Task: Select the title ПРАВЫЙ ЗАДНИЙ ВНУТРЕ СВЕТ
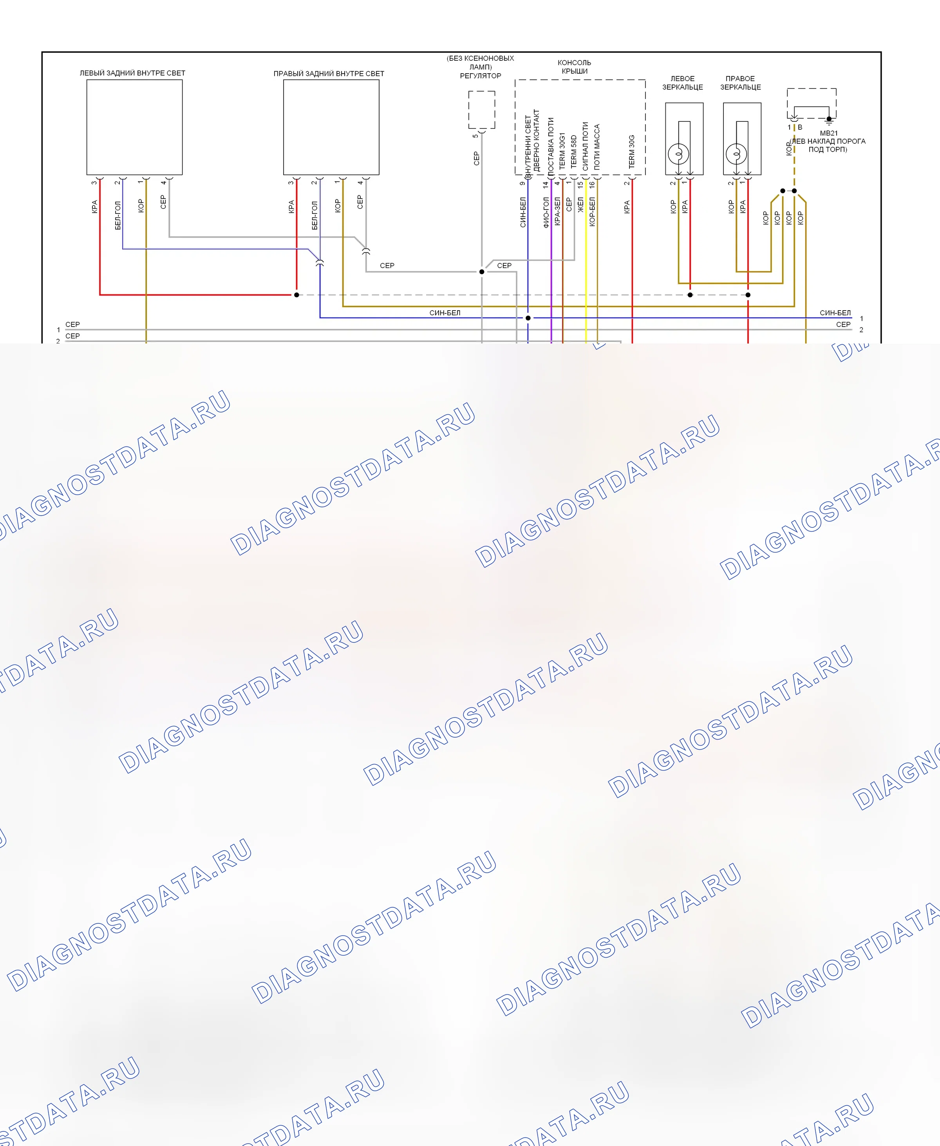329,74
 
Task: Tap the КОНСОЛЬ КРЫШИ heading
575,67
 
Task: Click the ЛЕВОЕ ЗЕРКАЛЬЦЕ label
682,83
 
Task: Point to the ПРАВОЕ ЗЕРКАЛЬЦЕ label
740,83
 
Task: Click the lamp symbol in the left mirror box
678,154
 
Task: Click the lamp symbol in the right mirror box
736,154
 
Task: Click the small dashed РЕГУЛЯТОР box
481,110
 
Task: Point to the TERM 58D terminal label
574,151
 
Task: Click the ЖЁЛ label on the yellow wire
580,204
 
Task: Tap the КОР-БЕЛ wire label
592,211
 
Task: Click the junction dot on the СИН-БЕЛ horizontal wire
528,318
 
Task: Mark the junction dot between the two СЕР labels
481,272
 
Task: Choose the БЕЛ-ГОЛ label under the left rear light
117,215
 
